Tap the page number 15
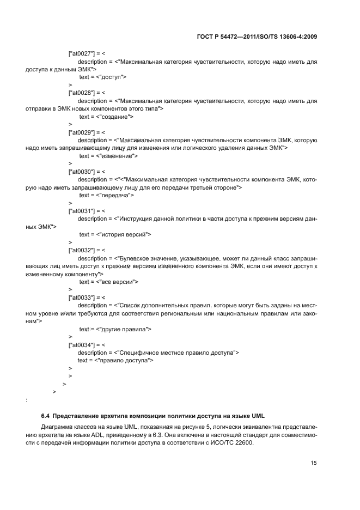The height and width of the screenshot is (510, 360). coord(314,463)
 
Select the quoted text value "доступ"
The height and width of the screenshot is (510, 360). coord(112,77)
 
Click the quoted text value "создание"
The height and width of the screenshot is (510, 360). coord(114,117)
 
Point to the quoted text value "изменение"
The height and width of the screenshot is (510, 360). coord(117,156)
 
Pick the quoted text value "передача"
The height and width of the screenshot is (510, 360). coord(115,195)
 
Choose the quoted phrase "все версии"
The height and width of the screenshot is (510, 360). coord(117,282)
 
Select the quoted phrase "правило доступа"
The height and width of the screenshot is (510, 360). coord(124,361)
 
